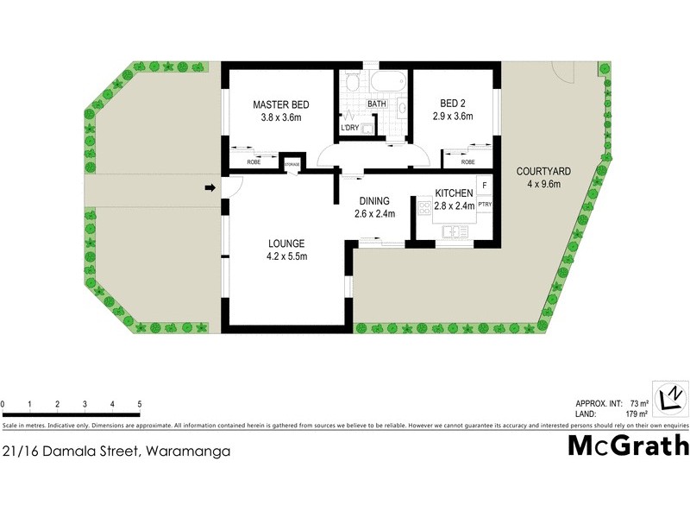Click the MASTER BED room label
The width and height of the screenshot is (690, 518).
(x=280, y=104)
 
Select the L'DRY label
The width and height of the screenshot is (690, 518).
(x=350, y=129)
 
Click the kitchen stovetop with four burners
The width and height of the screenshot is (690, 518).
(x=424, y=207)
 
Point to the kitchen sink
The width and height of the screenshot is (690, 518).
(x=453, y=231)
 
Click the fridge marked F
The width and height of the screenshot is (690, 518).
(x=485, y=186)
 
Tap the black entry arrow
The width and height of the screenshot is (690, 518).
(x=209, y=187)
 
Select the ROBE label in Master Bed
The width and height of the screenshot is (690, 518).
(x=254, y=162)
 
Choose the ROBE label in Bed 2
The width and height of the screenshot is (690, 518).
(x=467, y=162)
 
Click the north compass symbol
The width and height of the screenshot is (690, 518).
(x=669, y=399)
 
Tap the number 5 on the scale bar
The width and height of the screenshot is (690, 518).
(x=139, y=404)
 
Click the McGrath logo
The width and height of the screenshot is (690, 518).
(x=629, y=445)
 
